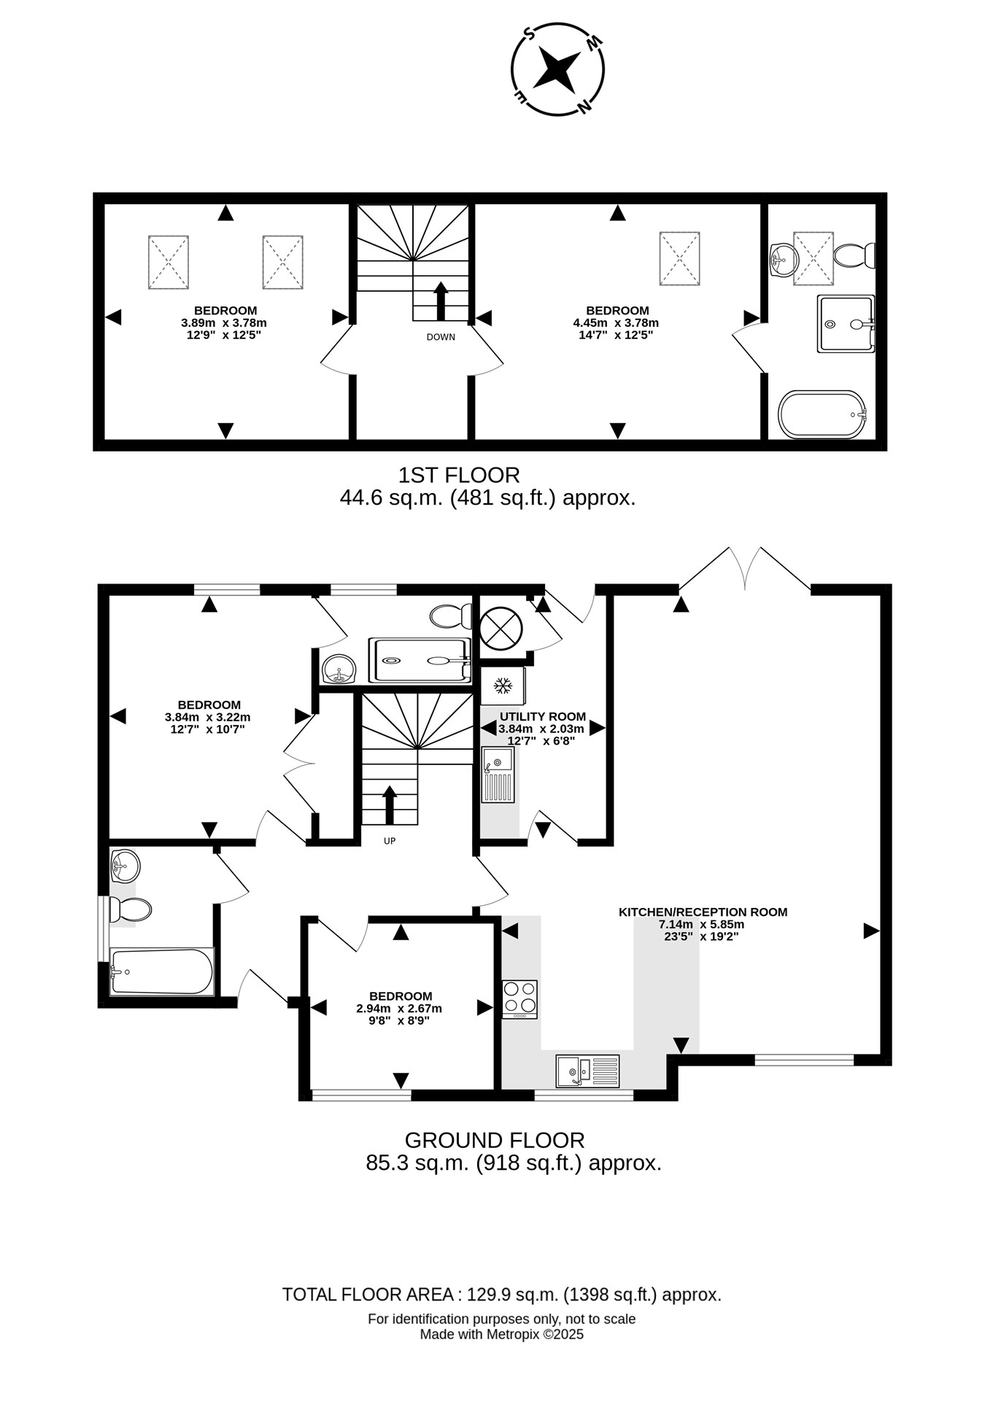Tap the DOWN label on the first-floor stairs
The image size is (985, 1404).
441,337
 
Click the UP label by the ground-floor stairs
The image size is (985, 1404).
390,841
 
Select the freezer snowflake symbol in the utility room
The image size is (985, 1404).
502,686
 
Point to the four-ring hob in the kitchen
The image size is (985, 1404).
519,999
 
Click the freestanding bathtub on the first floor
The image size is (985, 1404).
822,414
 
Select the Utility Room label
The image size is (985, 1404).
543,716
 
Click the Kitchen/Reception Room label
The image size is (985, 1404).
703,912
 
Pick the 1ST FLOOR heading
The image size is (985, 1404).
459,475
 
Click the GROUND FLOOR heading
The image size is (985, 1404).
495,1140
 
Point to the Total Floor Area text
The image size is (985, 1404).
502,1295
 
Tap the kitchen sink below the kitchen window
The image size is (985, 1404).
587,1071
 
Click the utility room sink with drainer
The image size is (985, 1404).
498,775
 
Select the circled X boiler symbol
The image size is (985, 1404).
501,628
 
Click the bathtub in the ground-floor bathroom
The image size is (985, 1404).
161,971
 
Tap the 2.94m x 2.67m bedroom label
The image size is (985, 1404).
400,1008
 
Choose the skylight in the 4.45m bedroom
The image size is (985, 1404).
679,259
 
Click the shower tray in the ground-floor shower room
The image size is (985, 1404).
420,660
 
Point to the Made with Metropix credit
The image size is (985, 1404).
502,1335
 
